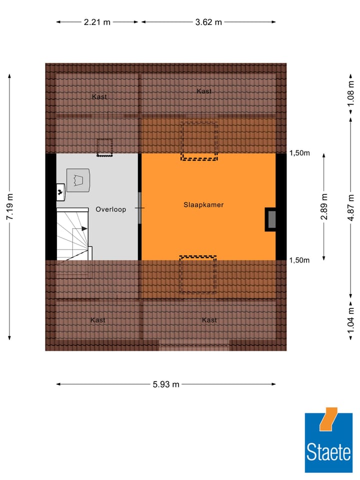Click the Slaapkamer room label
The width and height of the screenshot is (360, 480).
coord(203,205)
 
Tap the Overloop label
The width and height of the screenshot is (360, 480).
coord(111,209)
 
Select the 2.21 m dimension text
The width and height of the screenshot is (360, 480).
coord(97,22)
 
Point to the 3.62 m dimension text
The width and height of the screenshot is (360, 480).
coord(208,22)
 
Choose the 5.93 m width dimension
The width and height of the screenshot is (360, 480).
coord(166,384)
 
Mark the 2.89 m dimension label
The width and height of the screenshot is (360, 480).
coord(324,206)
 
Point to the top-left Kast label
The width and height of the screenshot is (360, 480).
coord(99,96)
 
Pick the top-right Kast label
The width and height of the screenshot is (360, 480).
coord(204,91)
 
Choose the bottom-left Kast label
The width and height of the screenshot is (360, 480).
coord(97,320)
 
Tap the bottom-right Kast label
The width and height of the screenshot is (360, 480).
coord(209,320)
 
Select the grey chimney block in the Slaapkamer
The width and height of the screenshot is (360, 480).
coord(271,219)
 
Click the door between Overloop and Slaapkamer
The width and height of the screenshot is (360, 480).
coord(140,207)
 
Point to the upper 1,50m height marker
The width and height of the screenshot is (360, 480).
coord(299,153)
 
